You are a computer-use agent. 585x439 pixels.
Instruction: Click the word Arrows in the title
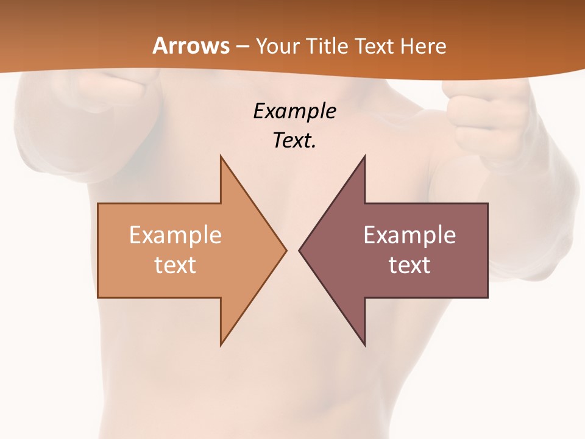(191, 46)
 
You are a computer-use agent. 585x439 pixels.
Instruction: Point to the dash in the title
(243, 46)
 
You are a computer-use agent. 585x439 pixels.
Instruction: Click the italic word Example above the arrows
(294, 112)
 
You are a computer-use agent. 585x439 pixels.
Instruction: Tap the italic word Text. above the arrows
(294, 141)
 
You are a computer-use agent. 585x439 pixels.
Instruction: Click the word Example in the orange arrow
(175, 235)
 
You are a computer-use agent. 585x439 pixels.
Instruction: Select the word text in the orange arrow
(175, 265)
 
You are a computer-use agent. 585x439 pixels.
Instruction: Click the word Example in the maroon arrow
(409, 235)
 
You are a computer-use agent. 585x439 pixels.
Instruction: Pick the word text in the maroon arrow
(409, 265)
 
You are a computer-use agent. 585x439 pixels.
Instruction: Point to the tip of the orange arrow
(285, 250)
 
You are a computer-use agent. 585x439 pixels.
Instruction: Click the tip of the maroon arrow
(300, 250)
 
